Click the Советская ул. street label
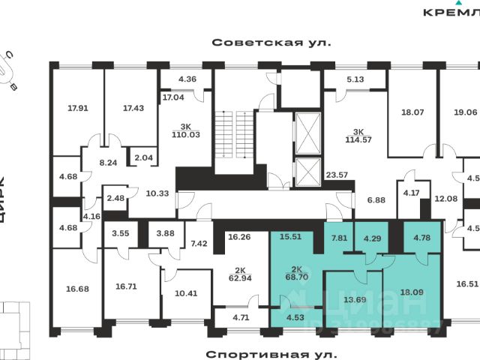[271, 43]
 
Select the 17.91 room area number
[78, 108]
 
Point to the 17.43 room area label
[133, 108]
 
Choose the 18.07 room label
[412, 113]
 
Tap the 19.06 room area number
[466, 113]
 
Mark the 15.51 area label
[290, 237]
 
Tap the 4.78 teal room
[421, 239]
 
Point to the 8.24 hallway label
[109, 162]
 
